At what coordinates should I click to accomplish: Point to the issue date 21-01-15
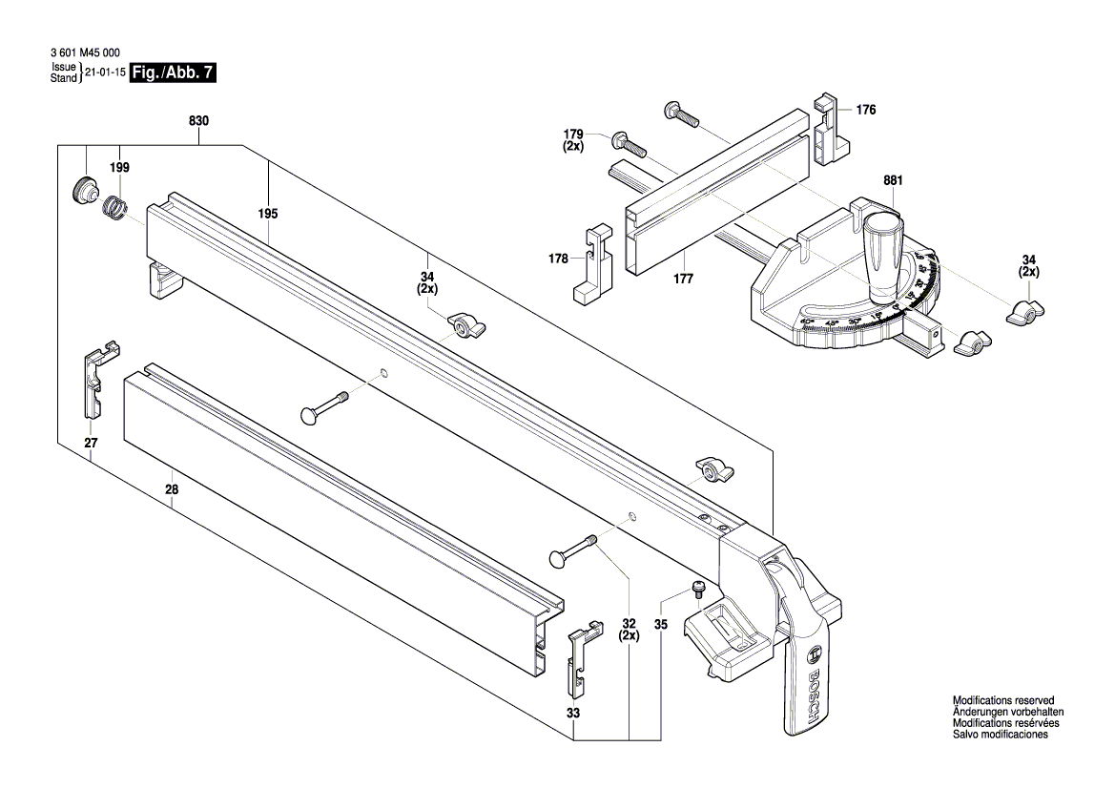tap(104, 73)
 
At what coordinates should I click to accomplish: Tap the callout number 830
tap(198, 121)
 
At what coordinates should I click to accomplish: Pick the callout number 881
tap(893, 179)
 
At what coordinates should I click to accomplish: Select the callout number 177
tap(683, 279)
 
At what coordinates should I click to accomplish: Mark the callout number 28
tap(172, 488)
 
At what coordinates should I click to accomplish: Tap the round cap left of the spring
tap(85, 188)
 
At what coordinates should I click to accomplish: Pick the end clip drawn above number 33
tap(582, 657)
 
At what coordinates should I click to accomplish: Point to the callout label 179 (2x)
tap(572, 139)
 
